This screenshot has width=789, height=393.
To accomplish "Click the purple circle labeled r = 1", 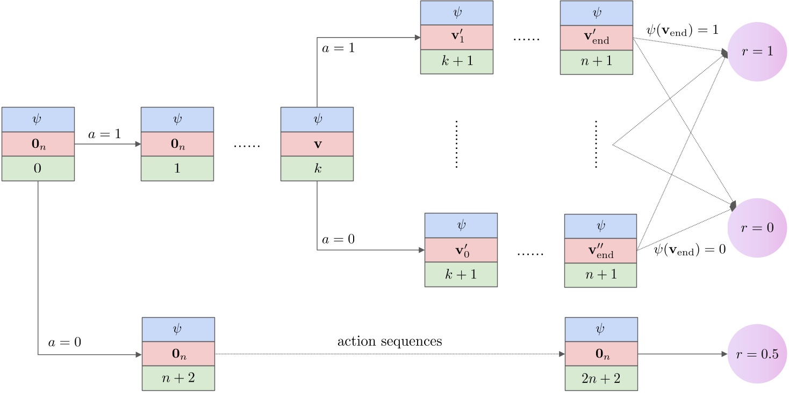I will click(x=757, y=52).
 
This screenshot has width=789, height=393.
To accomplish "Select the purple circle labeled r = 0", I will click(x=757, y=228).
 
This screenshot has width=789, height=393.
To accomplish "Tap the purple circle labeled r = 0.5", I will click(x=757, y=354).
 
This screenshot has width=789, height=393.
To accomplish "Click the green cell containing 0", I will click(x=38, y=168).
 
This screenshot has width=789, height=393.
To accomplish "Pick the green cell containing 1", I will click(x=177, y=168).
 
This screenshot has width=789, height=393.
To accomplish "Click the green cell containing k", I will click(x=317, y=168).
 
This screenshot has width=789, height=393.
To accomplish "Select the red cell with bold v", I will click(x=317, y=144).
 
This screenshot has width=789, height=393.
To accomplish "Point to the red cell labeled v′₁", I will click(x=456, y=37).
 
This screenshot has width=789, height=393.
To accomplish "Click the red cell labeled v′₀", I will click(x=461, y=251).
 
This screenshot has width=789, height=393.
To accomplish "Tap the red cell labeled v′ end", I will click(x=596, y=37).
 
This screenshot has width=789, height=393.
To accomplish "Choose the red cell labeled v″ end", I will click(x=600, y=251).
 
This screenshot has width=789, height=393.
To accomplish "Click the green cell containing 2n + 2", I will click(x=601, y=378).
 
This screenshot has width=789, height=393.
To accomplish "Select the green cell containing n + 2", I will click(x=178, y=378).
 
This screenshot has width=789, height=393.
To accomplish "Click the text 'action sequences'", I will click(x=390, y=341).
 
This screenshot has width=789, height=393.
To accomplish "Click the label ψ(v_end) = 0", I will click(x=690, y=249).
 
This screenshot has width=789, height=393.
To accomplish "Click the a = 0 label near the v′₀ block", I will click(x=339, y=239).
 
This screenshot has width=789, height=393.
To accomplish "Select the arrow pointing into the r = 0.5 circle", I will click(x=683, y=354).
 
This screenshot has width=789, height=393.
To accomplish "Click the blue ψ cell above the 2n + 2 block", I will click(x=601, y=330).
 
